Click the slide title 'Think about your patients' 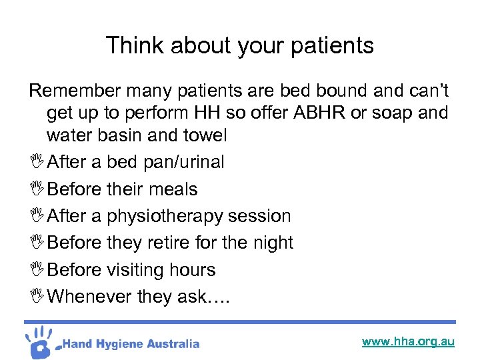[x=240, y=45]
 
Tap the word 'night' [x=270, y=243]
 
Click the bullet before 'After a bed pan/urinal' [x=36, y=162]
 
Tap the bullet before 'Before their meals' [x=36, y=189]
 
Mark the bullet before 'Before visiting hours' [x=36, y=270]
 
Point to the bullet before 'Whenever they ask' [x=36, y=297]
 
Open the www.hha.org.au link [x=408, y=341]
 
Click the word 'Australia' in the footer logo [x=172, y=344]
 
